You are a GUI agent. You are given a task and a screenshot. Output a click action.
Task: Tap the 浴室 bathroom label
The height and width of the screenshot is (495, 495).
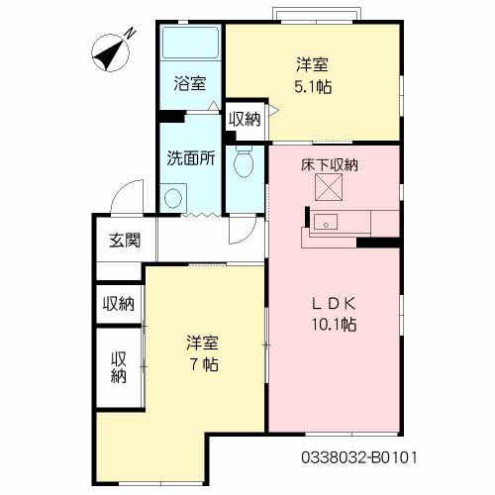[x=190, y=84]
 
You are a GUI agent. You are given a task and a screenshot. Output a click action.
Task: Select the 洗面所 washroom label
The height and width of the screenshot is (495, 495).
[x=190, y=157]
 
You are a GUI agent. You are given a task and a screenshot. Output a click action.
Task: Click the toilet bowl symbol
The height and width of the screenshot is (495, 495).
[x=243, y=163]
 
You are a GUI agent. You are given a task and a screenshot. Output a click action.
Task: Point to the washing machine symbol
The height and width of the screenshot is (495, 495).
[x=175, y=196]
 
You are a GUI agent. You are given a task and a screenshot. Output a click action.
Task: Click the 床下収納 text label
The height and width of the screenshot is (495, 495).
[x=329, y=164]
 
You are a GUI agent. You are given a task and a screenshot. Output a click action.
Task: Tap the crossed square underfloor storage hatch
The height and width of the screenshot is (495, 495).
[x=328, y=188]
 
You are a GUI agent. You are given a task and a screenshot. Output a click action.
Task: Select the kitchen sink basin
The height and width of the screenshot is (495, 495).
[x=326, y=224]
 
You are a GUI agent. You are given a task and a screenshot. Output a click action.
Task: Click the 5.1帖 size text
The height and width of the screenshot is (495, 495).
[x=312, y=86]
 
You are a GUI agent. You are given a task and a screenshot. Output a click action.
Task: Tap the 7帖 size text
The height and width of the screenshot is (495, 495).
[x=203, y=363]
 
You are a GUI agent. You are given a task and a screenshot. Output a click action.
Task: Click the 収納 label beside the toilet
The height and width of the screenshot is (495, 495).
[x=245, y=120]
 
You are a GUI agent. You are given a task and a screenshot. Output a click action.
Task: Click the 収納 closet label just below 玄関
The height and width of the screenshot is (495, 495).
[x=119, y=304]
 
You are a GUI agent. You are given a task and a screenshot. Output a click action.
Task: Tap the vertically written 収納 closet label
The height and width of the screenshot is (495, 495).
[x=119, y=366]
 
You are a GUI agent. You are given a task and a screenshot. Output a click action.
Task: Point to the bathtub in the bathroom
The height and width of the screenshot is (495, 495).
[x=190, y=46]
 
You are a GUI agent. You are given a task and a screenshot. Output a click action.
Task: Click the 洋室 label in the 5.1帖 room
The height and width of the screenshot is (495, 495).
[x=312, y=66]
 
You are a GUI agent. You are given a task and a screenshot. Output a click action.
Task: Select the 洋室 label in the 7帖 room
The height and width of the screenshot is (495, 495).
[x=203, y=344]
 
